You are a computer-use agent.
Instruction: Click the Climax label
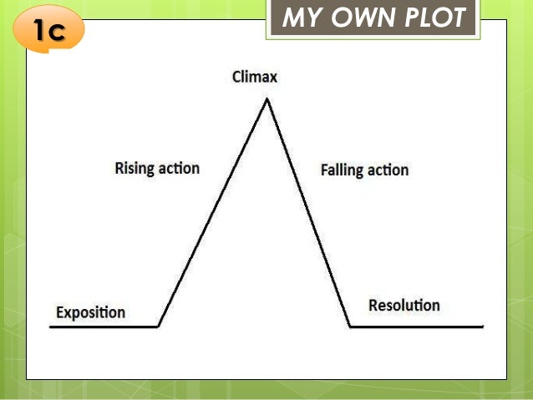click(255, 78)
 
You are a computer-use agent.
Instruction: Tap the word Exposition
click(90, 313)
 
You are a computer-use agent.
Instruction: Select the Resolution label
click(404, 305)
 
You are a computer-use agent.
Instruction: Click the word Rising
click(134, 169)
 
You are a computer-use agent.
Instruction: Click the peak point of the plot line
click(267, 99)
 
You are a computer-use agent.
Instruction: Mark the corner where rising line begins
click(158, 327)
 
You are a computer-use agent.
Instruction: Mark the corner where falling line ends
click(350, 327)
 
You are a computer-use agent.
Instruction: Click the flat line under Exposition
click(104, 327)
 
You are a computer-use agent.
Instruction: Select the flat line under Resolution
click(416, 327)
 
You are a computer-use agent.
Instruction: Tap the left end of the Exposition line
click(51, 327)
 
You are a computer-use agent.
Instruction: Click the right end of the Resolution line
click(482, 327)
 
